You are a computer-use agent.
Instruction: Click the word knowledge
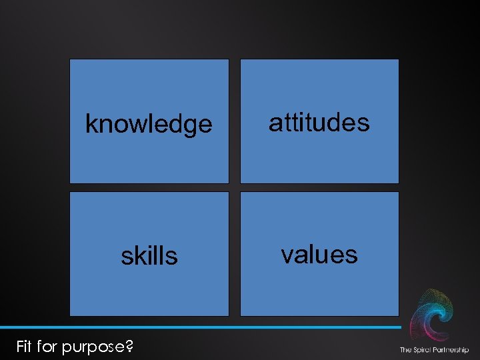point(149,125)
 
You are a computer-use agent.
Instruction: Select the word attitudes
point(319,122)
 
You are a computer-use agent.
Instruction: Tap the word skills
point(149,255)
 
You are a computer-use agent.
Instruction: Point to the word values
point(319,254)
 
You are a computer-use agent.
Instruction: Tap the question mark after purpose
point(129,346)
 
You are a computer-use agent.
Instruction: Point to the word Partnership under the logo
point(451,350)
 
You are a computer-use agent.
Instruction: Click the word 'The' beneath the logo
point(405,350)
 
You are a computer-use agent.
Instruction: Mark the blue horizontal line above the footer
point(200,327)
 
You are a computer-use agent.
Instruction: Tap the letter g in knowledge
point(193,127)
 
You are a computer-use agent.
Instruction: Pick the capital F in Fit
point(20,346)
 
